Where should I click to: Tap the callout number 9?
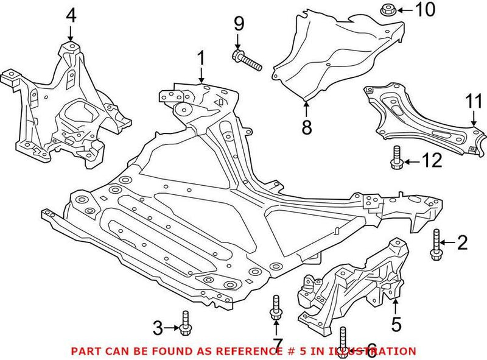239,24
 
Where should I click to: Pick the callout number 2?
462,244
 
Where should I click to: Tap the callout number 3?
158,329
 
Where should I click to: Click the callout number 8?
306,127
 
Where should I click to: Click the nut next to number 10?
387,10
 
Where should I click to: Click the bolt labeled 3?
185,323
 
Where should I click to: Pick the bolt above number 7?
276,308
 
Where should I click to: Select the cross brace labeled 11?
420,119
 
